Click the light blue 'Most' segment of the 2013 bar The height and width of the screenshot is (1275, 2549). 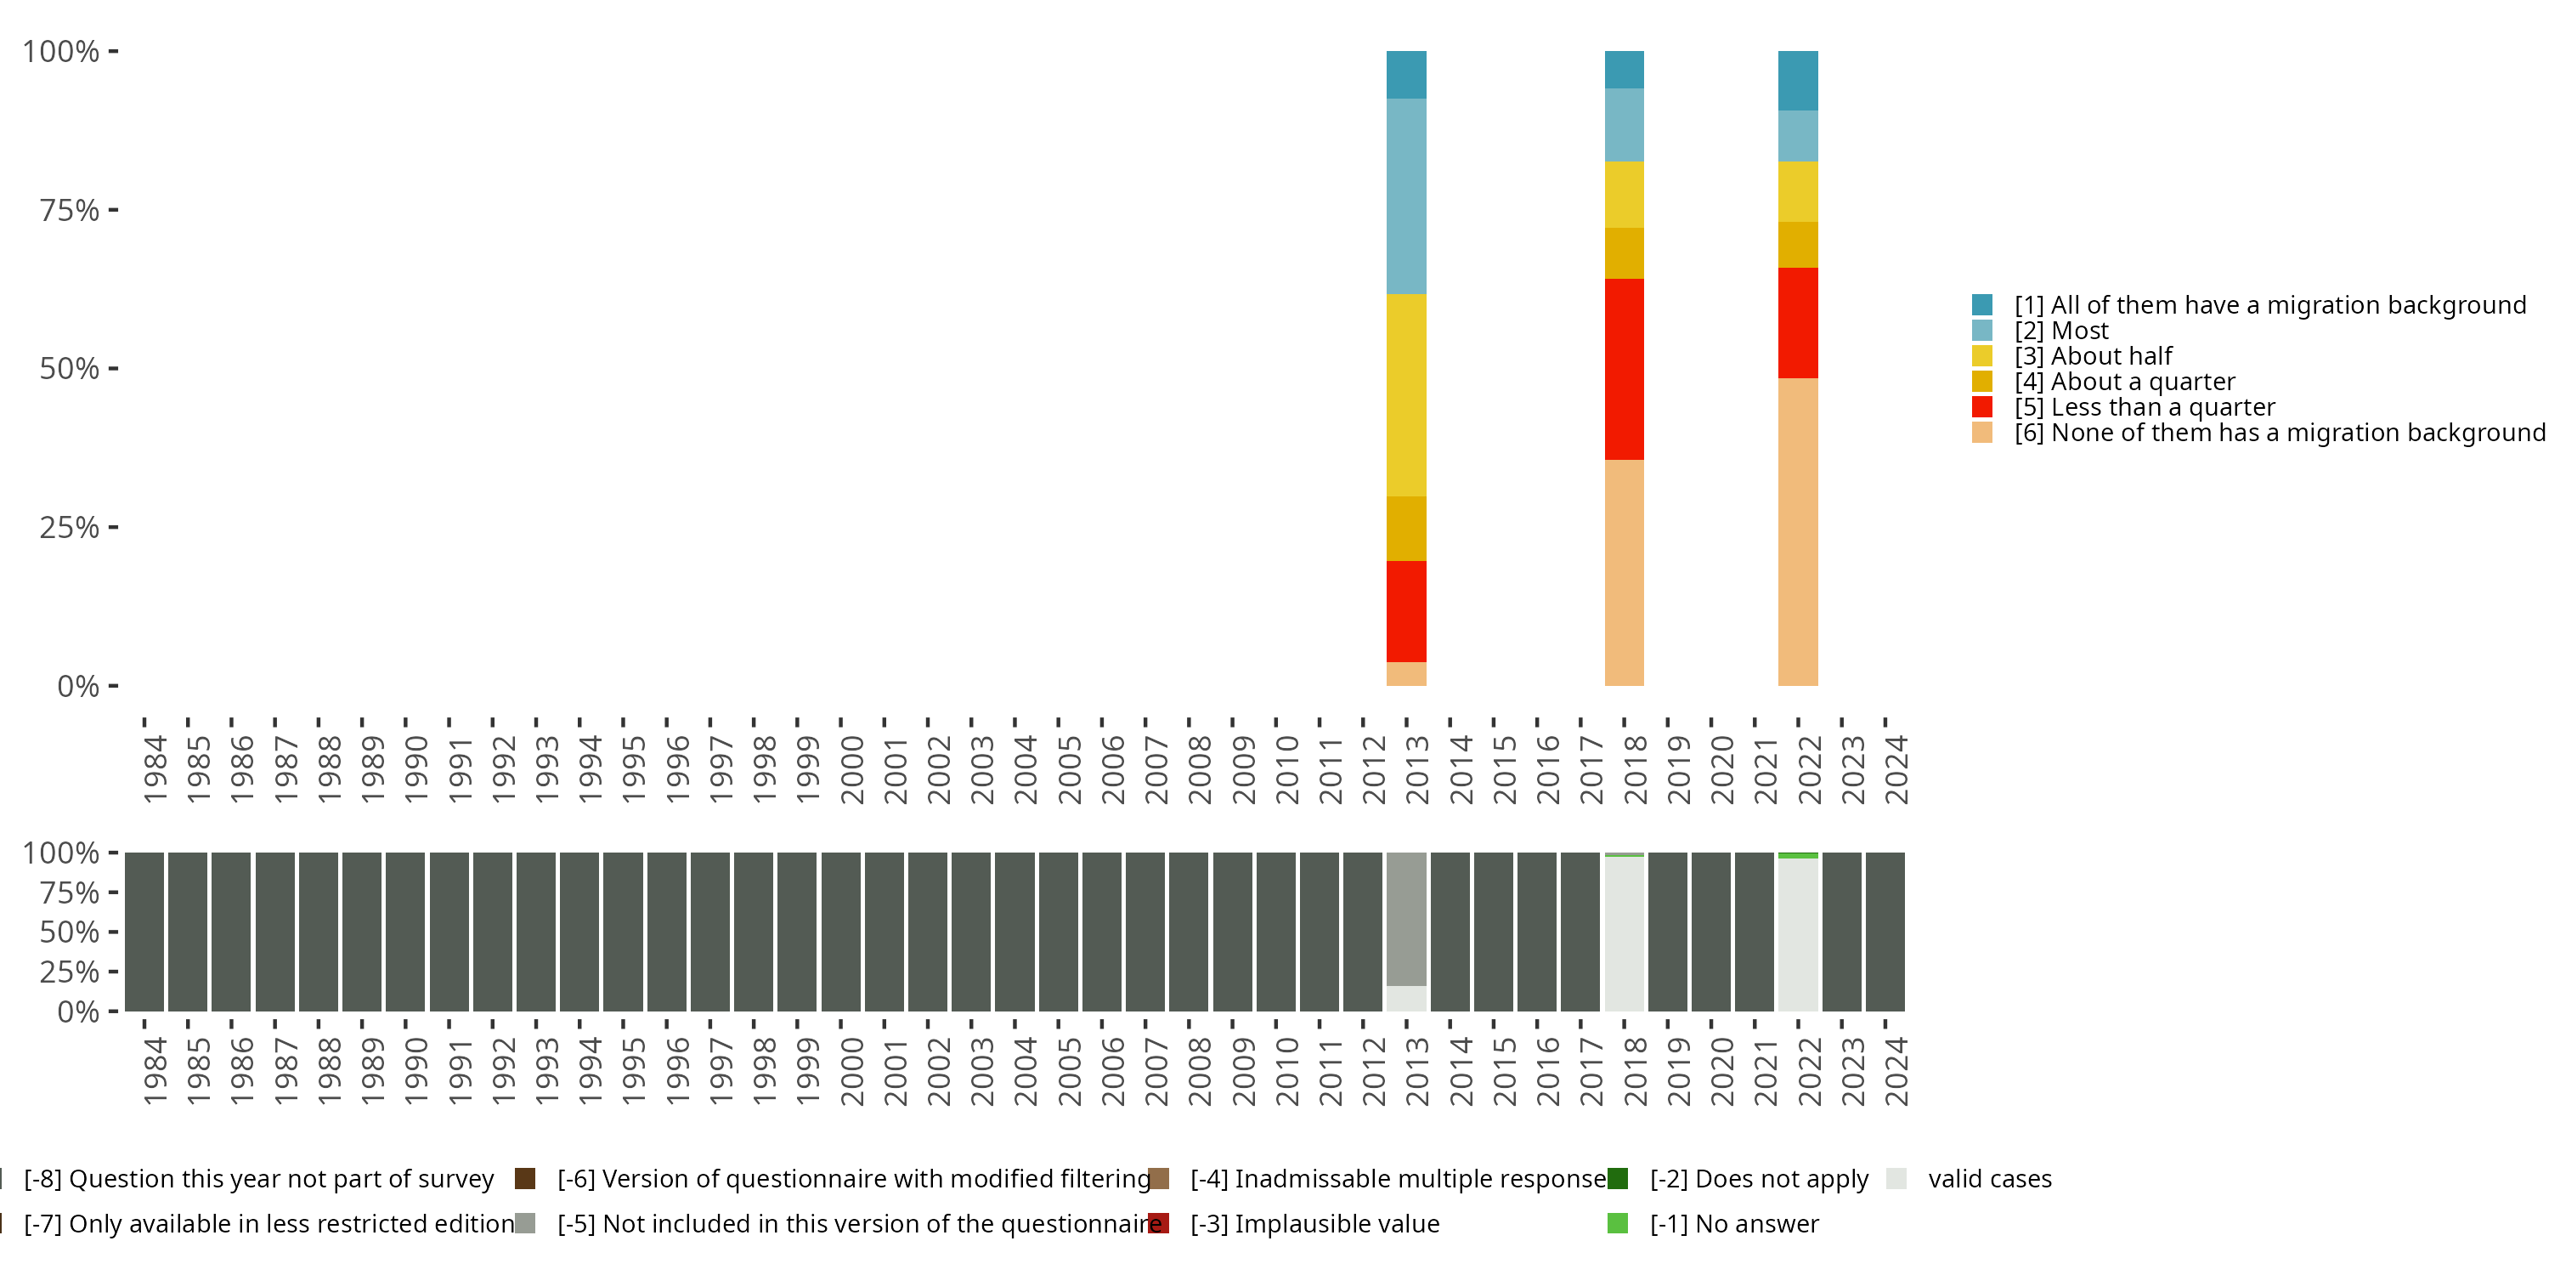(x=1406, y=196)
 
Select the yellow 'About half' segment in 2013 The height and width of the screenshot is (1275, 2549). (x=1406, y=395)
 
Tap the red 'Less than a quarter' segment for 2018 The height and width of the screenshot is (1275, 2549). (x=1624, y=368)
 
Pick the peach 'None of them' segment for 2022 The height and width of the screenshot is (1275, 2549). (x=1798, y=531)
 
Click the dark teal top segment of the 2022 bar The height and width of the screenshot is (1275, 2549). (x=1798, y=80)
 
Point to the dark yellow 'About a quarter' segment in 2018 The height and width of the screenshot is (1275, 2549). (x=1624, y=253)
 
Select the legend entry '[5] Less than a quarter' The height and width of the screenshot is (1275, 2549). (x=2145, y=407)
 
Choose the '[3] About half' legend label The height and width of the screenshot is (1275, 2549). (x=2093, y=356)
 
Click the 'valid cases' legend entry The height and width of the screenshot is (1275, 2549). (x=1989, y=1179)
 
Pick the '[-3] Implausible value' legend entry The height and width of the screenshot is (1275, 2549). (x=1314, y=1223)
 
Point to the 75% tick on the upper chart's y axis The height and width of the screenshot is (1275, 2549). (x=70, y=210)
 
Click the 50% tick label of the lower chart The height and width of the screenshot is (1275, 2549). (x=70, y=932)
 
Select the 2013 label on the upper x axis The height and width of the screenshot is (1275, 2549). (x=1418, y=769)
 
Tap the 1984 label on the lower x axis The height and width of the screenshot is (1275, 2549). (x=155, y=1071)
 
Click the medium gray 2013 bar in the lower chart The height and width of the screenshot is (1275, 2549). (x=1406, y=919)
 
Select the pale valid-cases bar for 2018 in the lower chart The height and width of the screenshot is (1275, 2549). (x=1624, y=933)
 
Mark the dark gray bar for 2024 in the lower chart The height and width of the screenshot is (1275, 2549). (x=1885, y=932)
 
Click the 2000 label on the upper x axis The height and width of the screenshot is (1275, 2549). (x=852, y=769)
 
